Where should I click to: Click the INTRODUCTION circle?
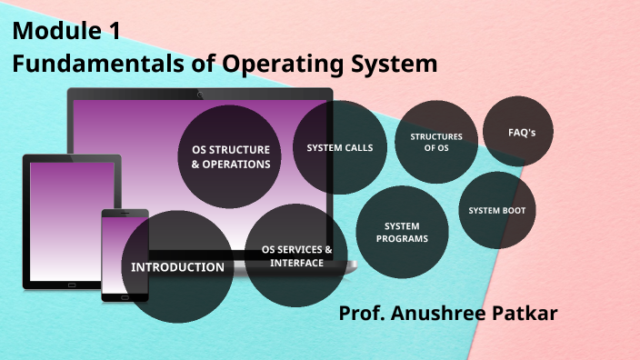(177, 266)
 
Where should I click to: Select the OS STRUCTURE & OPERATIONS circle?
(231, 156)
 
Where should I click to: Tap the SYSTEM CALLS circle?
(340, 147)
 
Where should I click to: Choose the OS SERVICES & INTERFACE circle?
(296, 255)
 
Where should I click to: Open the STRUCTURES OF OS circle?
(436, 141)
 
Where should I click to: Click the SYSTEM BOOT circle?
(496, 211)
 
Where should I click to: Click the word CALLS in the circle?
(357, 147)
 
